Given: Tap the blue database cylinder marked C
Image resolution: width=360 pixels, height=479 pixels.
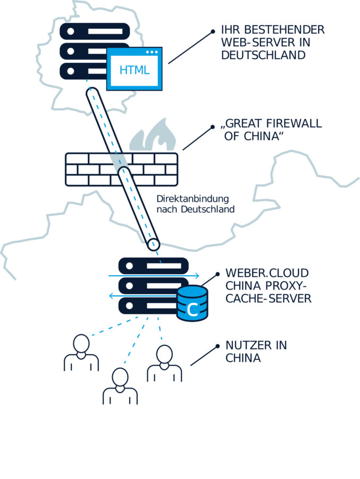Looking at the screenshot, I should (x=192, y=304).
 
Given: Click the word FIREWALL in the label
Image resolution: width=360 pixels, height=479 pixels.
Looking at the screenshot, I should (x=295, y=124).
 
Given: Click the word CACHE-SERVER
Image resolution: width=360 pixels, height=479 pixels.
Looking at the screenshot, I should (x=269, y=299).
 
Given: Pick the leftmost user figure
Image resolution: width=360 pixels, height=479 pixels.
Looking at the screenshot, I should (x=81, y=353).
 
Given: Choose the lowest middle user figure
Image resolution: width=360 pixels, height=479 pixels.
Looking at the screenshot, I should (x=120, y=386).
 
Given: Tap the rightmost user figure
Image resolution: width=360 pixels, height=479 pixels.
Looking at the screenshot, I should (x=164, y=364).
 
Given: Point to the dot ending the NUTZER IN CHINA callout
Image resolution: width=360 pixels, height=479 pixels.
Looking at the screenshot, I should (x=218, y=346).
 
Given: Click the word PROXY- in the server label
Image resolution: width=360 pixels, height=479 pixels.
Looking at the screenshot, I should (x=290, y=286).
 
